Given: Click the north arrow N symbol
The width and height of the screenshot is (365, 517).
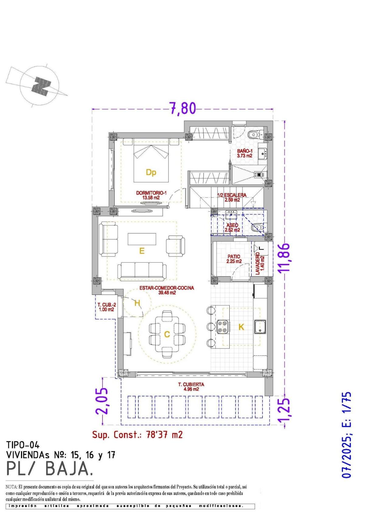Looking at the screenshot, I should [x=41, y=86].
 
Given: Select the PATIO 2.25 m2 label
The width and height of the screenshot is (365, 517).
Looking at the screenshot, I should [x=234, y=259].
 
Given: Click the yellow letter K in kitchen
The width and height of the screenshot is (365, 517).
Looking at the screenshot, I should [x=241, y=327].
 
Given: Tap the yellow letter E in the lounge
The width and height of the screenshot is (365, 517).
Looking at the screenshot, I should [x=141, y=251].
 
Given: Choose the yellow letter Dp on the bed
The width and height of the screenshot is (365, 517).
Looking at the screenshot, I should [x=151, y=173].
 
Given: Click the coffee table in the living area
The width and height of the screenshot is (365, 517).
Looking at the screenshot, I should [x=142, y=239].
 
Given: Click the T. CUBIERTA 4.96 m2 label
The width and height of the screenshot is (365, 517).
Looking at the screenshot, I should [x=191, y=386].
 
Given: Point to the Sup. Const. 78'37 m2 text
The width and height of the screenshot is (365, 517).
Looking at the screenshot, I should [x=137, y=435].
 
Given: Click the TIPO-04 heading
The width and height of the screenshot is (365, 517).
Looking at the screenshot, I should [x=23, y=445].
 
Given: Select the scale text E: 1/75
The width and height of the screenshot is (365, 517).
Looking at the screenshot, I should [x=346, y=407].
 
